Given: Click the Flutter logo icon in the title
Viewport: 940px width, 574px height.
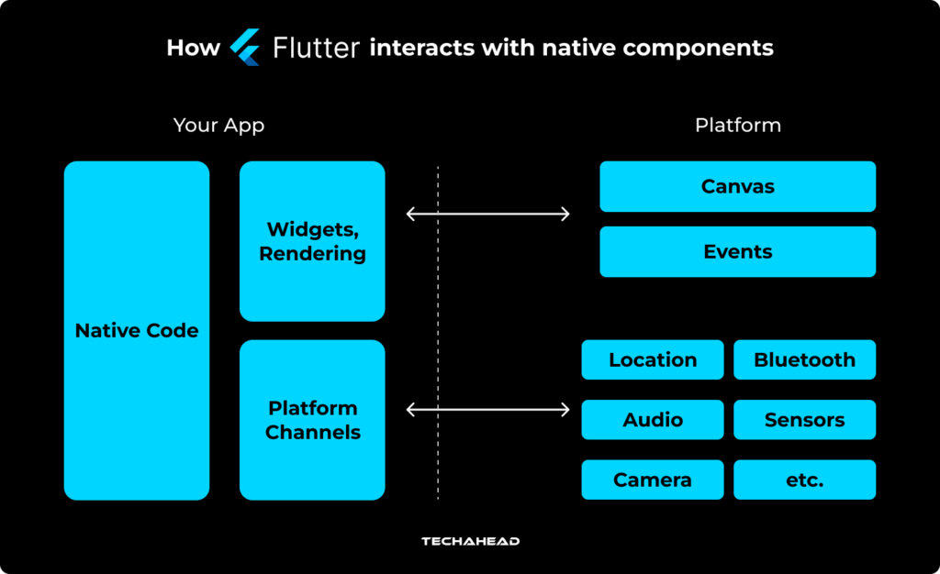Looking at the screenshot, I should (245, 47).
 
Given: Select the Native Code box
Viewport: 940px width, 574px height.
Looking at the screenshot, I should (137, 330).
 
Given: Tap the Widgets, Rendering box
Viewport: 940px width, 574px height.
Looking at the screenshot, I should (312, 241).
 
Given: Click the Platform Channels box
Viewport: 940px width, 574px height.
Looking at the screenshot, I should (312, 420).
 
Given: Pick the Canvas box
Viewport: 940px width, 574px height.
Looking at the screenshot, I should (737, 187).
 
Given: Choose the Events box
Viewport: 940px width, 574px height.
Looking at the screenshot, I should (737, 252).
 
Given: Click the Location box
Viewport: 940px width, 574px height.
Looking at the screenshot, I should (653, 360).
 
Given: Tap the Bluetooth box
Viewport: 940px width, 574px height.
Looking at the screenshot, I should (804, 360).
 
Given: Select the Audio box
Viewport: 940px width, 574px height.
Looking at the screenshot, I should (653, 420).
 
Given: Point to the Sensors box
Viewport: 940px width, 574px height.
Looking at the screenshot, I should (804, 420).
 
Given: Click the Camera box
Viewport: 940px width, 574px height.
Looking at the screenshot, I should (653, 480).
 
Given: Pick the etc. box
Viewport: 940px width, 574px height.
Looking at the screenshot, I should (804, 480).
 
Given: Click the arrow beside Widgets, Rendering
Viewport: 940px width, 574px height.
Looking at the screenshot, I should (487, 215).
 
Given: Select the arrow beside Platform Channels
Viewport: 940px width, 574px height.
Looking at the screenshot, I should (487, 410).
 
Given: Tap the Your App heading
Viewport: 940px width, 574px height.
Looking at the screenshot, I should (218, 126).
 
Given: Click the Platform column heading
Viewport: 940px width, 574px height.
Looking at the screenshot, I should (737, 126).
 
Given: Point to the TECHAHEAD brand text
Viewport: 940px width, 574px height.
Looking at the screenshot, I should (470, 542).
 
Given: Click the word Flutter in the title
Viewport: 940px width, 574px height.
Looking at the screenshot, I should (316, 48).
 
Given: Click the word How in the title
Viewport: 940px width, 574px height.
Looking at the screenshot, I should (193, 48).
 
